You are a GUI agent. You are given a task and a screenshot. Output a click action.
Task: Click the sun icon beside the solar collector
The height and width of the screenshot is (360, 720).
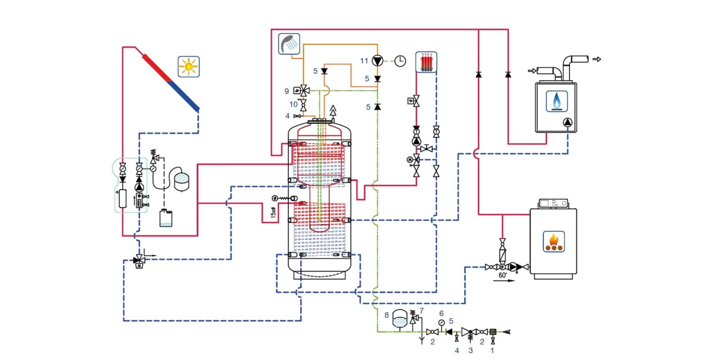(189, 67)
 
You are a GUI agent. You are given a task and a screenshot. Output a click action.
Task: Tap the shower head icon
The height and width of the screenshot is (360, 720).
(289, 44)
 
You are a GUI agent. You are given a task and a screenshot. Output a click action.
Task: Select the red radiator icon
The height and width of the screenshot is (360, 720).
(426, 62)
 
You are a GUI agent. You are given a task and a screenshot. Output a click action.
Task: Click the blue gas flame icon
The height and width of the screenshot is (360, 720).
(557, 101)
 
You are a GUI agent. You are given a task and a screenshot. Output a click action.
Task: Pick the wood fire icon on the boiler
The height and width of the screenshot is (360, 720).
(554, 242)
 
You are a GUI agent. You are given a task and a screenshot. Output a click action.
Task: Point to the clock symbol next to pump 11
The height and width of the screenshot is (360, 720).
(400, 61)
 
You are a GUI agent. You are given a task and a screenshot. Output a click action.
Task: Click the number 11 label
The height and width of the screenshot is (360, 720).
(364, 61)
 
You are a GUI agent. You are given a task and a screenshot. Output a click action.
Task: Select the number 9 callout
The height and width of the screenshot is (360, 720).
(287, 91)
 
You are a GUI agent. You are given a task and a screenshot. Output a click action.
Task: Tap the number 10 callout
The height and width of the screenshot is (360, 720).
(293, 104)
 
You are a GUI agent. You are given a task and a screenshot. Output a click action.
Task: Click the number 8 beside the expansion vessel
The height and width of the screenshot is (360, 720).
(386, 315)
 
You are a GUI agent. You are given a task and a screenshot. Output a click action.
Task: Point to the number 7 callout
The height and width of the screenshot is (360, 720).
(422, 310)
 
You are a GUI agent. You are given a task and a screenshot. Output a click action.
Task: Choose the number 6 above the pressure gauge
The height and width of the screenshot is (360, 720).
(441, 314)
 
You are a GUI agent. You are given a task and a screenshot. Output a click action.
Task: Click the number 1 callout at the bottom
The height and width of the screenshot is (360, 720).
(492, 350)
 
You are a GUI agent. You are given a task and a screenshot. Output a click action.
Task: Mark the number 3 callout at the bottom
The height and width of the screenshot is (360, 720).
(470, 350)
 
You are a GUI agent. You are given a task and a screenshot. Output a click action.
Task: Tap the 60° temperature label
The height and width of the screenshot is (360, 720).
(503, 275)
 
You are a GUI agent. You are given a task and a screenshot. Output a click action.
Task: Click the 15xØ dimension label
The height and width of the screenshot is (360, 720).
(273, 212)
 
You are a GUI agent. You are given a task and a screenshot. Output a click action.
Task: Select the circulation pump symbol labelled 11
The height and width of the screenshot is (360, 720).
(377, 61)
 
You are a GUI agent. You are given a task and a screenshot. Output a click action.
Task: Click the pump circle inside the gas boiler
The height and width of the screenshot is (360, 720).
(567, 122)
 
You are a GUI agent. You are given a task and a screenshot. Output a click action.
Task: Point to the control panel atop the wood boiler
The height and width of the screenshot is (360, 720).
(553, 203)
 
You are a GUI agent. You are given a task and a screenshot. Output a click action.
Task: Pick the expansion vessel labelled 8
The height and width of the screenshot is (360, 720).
(399, 319)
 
